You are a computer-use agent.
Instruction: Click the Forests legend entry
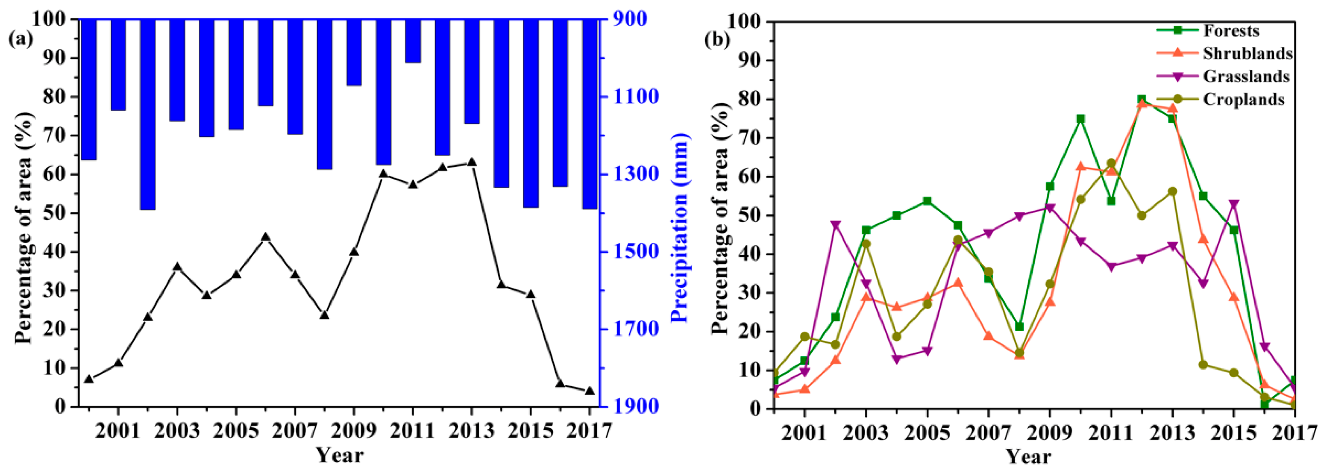click(1231, 31)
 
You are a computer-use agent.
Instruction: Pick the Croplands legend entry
click(1243, 99)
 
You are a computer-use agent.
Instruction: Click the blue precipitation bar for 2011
click(413, 41)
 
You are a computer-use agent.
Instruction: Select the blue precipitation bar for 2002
click(148, 114)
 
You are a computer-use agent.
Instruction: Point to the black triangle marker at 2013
click(472, 162)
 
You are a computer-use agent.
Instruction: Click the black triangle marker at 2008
click(325, 315)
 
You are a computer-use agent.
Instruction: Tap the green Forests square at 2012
click(1141, 100)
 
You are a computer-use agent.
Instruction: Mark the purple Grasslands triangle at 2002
click(835, 225)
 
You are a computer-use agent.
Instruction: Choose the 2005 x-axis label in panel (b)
click(927, 433)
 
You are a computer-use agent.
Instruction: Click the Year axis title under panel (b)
click(1029, 456)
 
